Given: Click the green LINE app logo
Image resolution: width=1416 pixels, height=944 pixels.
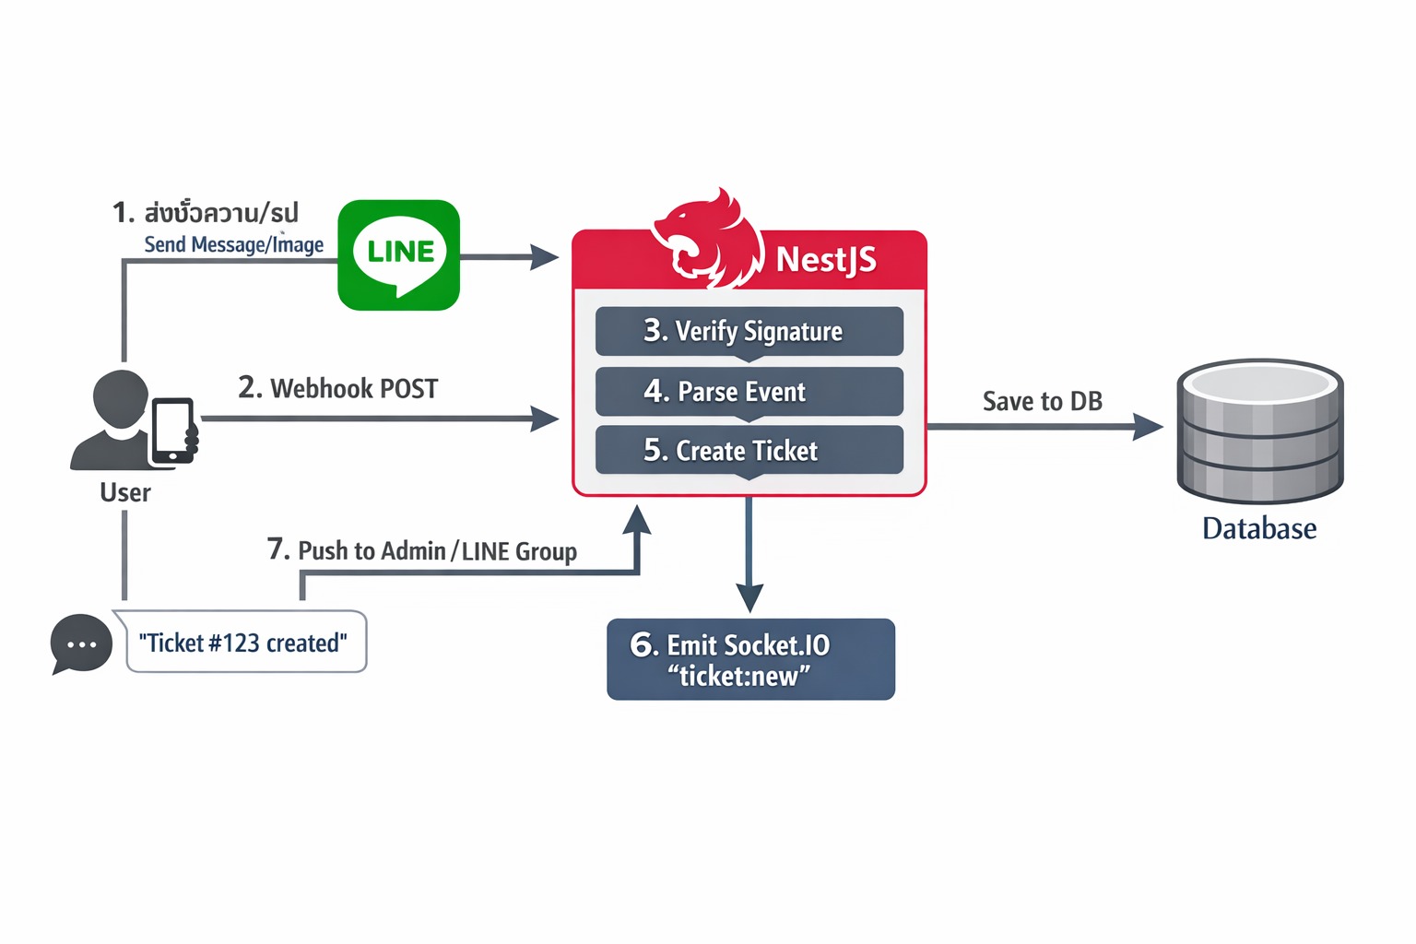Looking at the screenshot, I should click(x=398, y=254).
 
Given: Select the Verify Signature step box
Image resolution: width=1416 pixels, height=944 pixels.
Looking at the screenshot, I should click(x=749, y=331).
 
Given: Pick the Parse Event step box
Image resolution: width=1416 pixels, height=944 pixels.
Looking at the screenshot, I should click(x=749, y=392).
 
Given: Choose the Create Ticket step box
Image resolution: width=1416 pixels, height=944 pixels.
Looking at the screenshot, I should click(x=749, y=450).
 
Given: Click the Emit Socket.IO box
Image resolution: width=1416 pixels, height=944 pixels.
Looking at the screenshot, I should click(x=750, y=659).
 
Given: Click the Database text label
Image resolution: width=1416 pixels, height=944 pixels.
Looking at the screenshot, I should click(x=1259, y=528).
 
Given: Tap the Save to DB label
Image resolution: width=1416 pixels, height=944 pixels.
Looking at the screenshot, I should click(x=1042, y=402).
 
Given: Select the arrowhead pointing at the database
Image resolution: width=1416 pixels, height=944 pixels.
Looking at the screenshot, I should click(x=1148, y=427).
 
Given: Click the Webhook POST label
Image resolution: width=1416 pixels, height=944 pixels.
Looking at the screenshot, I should click(x=338, y=388).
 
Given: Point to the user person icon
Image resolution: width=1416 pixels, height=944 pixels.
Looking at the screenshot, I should click(x=112, y=420).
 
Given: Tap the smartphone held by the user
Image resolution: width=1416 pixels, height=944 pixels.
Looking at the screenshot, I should click(x=173, y=431).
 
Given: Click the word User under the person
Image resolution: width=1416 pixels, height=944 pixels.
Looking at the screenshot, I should click(x=125, y=492).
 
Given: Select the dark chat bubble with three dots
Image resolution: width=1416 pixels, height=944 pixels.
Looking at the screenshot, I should click(x=81, y=643).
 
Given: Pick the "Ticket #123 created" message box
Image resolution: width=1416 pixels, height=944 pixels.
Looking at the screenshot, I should click(x=244, y=643).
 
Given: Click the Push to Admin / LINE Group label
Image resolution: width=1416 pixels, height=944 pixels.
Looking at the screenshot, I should click(x=422, y=550).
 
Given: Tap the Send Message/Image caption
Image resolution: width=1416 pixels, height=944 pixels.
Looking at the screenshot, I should click(x=234, y=244).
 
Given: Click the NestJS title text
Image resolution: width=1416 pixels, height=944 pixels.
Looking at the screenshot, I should click(x=826, y=260).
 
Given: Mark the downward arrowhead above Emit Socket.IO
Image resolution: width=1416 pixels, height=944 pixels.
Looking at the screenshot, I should click(x=749, y=598).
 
